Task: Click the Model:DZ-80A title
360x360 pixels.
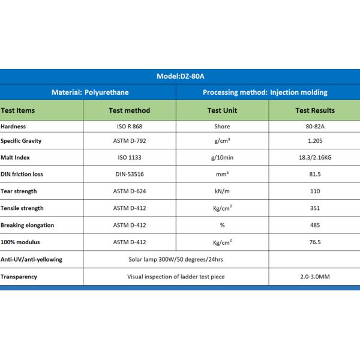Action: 180,77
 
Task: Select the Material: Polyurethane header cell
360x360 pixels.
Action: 90,92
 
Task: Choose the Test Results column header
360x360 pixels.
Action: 315,110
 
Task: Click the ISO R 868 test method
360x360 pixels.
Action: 129,127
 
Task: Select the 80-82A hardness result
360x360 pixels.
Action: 315,127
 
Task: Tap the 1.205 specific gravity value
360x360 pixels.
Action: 315,142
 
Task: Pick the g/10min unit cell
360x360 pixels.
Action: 222,158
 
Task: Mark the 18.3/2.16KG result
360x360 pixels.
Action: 315,158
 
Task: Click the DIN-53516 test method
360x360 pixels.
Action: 129,175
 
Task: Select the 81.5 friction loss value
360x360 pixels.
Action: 315,175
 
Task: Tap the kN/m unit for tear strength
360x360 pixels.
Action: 222,191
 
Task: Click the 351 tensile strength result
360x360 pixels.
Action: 315,208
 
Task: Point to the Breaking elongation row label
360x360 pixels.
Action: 28,225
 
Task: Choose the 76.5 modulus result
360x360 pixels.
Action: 315,242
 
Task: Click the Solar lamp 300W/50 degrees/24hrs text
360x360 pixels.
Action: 175,259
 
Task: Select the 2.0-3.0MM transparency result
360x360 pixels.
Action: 315,277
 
